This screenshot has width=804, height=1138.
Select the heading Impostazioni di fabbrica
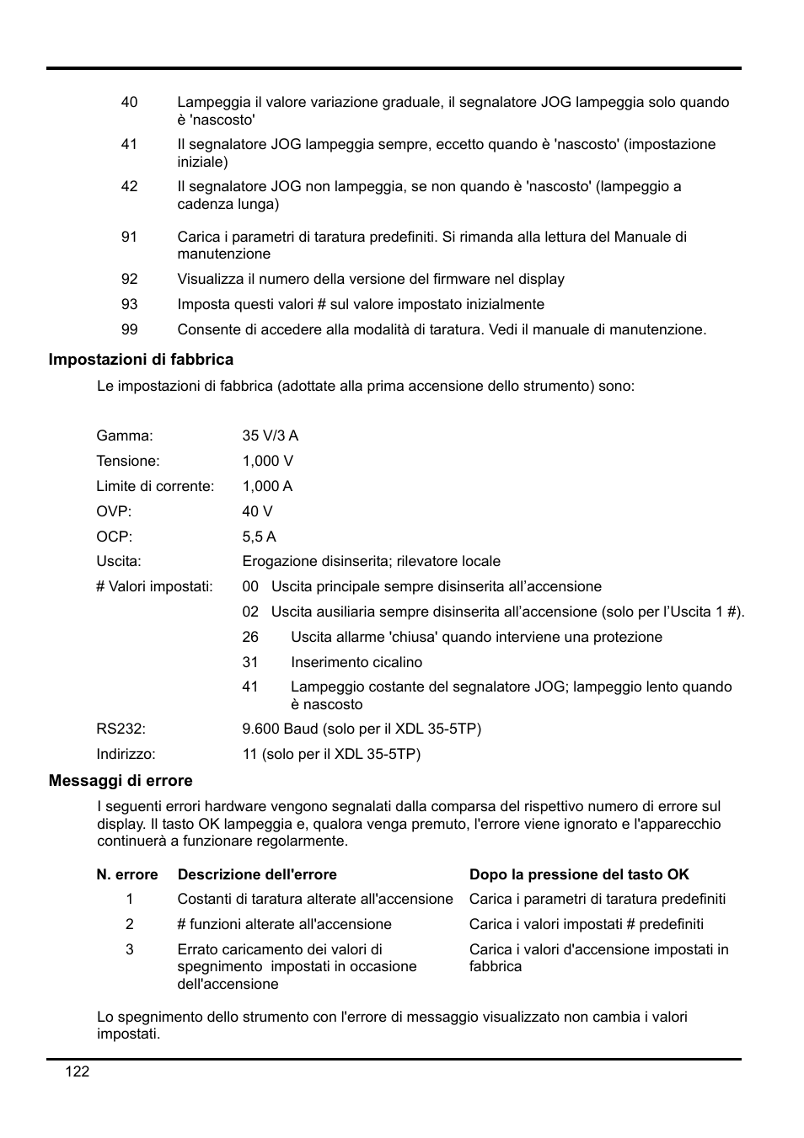(x=141, y=360)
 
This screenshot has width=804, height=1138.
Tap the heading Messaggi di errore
(x=121, y=781)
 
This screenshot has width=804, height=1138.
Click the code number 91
(x=129, y=237)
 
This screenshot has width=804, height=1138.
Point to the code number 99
(x=129, y=329)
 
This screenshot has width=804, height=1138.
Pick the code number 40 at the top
(x=129, y=102)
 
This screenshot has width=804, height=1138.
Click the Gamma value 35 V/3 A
(x=270, y=435)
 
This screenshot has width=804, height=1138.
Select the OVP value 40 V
(x=257, y=511)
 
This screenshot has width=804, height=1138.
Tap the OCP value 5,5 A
(x=259, y=537)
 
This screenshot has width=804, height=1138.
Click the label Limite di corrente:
(x=155, y=486)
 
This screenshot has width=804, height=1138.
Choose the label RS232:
(x=121, y=729)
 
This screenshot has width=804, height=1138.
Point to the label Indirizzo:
(x=126, y=754)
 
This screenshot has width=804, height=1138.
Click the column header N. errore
(x=127, y=874)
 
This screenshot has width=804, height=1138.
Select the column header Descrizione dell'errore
(x=256, y=874)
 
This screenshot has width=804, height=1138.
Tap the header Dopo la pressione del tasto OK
(x=579, y=874)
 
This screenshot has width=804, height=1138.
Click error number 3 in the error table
(x=130, y=949)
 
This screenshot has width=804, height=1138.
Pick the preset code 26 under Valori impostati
(x=250, y=637)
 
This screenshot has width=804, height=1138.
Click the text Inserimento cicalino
(x=356, y=662)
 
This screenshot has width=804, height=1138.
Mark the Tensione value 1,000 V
(x=267, y=461)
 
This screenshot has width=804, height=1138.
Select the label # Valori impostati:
(x=154, y=586)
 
